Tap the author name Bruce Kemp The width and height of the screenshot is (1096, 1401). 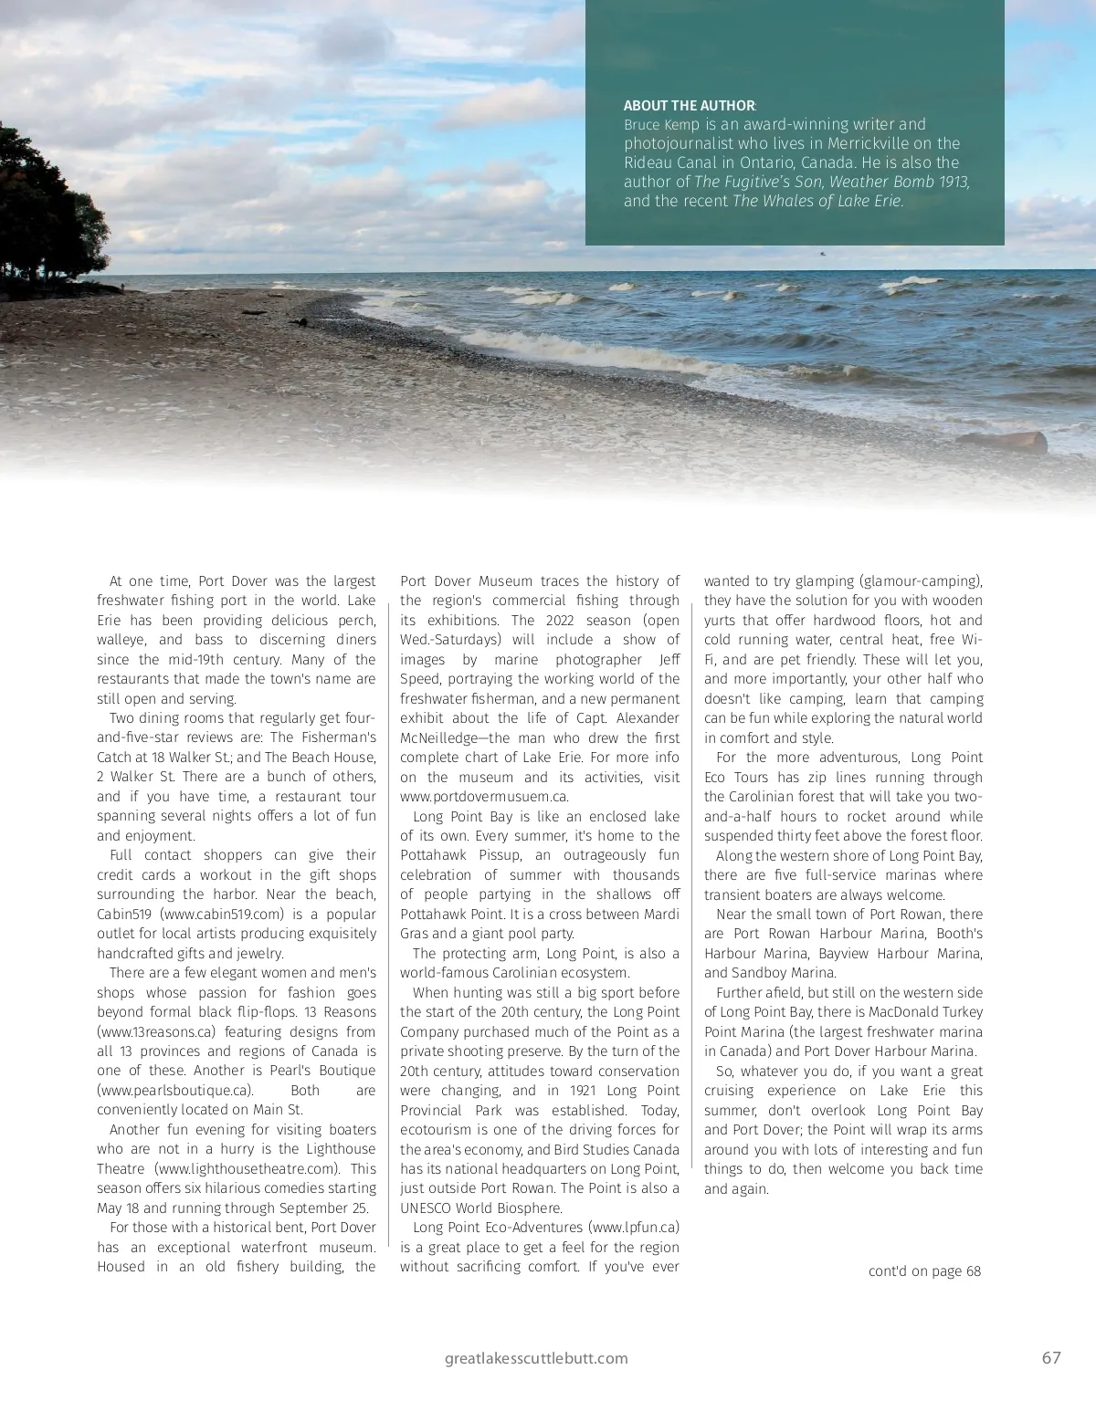661,125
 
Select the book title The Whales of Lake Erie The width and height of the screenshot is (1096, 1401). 817,201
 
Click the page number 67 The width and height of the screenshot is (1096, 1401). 1051,1357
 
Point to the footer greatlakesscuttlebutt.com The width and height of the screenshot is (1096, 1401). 536,1358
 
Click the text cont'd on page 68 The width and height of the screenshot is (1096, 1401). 924,1270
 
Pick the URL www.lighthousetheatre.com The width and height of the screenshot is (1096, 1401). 247,1168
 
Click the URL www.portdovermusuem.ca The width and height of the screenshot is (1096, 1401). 484,797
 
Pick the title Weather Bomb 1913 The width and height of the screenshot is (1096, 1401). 899,182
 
